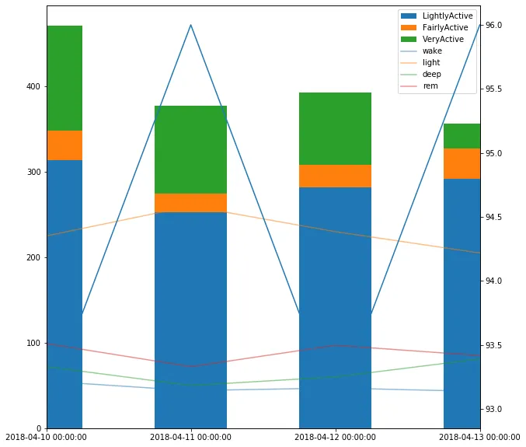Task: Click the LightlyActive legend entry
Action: pyautogui.click(x=447, y=16)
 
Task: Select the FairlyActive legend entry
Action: pyautogui.click(x=445, y=27)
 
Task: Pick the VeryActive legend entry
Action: pyautogui.click(x=443, y=39)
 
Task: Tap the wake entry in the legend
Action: pyautogui.click(x=432, y=51)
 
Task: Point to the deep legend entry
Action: pyautogui.click(x=431, y=75)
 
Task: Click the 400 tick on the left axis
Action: pyautogui.click(x=32, y=86)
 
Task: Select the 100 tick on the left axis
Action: pyautogui.click(x=32, y=343)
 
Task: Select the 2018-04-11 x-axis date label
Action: pyautogui.click(x=190, y=437)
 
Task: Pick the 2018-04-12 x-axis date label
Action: pyautogui.click(x=335, y=437)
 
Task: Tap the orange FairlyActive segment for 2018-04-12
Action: pyautogui.click(x=335, y=176)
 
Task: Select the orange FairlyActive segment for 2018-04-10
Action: pyautogui.click(x=64, y=145)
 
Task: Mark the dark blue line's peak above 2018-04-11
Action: pyautogui.click(x=190, y=25)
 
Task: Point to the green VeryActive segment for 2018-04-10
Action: pyautogui.click(x=64, y=78)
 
